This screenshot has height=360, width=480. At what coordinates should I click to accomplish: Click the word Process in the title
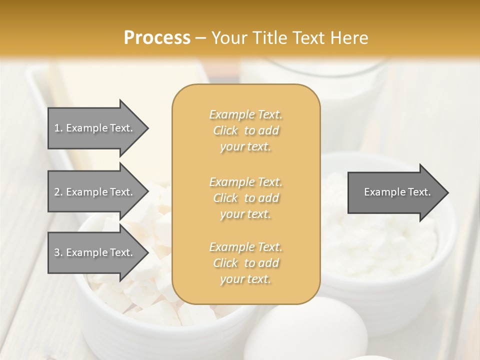[x=157, y=38]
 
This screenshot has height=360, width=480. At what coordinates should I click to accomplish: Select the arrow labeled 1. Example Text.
[x=95, y=128]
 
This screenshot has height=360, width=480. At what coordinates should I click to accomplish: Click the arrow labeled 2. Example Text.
[x=95, y=192]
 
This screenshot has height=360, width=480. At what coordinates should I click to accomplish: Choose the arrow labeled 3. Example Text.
[x=95, y=252]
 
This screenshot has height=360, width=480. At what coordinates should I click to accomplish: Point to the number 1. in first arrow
[x=58, y=128]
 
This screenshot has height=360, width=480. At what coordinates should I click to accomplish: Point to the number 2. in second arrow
[x=58, y=192]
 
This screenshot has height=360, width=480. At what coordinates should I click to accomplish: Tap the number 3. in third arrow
[x=58, y=252]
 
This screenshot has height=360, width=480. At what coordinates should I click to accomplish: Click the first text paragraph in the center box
[x=245, y=130]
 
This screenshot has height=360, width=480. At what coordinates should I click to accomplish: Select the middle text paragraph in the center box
[x=245, y=198]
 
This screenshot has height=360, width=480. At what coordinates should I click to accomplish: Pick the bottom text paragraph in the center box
[x=245, y=263]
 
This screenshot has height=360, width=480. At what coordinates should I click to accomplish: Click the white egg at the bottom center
[x=312, y=330]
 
